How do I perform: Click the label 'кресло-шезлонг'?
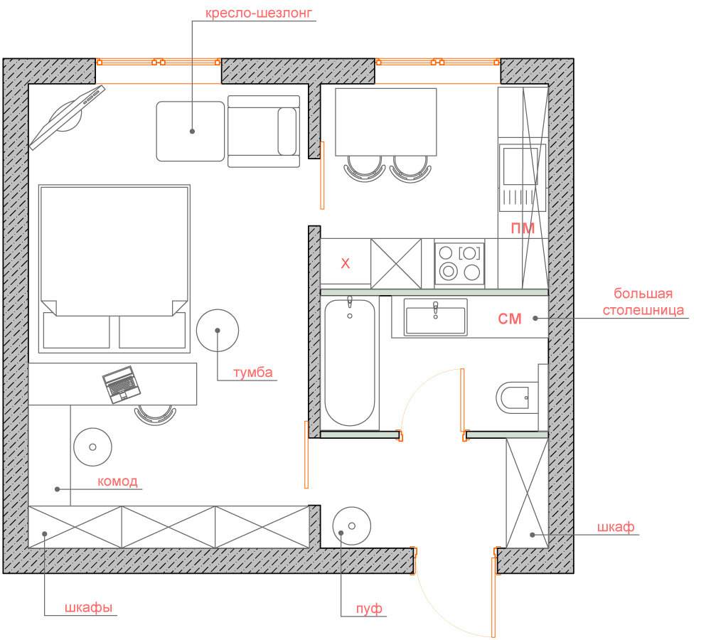coord(259,13)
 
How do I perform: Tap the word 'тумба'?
coord(253,373)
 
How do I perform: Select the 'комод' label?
coord(117,481)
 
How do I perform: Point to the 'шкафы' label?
coord(88,607)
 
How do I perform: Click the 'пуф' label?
coord(369,608)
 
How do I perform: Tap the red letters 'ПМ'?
coord(523,228)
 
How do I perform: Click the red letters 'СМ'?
coord(510,319)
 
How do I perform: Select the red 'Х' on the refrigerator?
coord(346,264)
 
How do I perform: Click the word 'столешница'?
coord(643,310)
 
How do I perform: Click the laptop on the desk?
coord(121,385)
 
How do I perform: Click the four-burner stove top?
coord(459,264)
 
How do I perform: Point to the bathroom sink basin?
coord(435,317)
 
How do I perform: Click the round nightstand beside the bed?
coord(218,331)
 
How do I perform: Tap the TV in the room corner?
coord(67,117)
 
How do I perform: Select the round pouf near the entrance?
coord(352,526)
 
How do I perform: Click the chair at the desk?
coord(155,415)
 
